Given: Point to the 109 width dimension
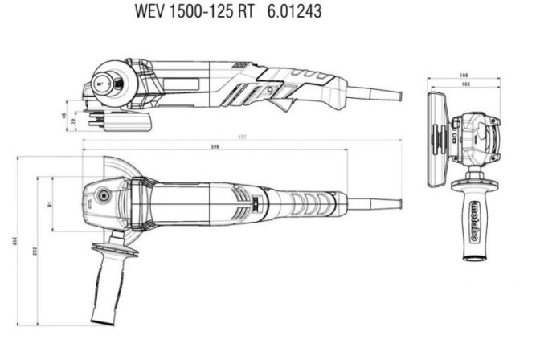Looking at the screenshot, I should (464, 76).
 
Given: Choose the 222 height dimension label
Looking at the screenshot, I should (34, 251).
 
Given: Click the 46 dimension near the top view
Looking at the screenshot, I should (63, 116).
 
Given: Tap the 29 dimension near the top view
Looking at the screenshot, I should (76, 120).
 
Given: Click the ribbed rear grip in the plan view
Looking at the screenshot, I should (309, 200).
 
